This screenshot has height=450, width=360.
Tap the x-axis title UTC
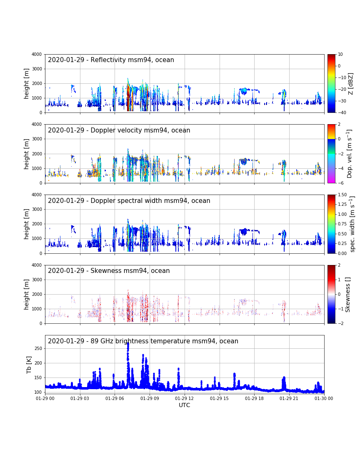pyautogui.click(x=184, y=405)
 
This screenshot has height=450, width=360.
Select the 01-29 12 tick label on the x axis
pyautogui.click(x=185, y=398)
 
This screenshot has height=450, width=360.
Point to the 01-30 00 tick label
pyautogui.click(x=324, y=398)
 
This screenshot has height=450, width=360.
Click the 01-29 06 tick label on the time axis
pyautogui.click(x=115, y=398)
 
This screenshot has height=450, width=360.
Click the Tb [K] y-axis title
pyautogui.click(x=29, y=365)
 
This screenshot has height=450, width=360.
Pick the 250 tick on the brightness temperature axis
pyautogui.click(x=38, y=348)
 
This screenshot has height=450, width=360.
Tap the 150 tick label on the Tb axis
pyautogui.click(x=38, y=377)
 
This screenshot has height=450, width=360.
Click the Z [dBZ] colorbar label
pyautogui.click(x=350, y=83)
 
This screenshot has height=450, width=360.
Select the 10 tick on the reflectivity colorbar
pyautogui.click(x=340, y=54)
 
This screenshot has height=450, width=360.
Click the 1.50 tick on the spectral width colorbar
pyautogui.click(x=342, y=195)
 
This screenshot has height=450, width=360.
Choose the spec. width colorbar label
pyautogui.click(x=352, y=224)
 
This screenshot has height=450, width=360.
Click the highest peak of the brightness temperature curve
pyautogui.click(x=128, y=343)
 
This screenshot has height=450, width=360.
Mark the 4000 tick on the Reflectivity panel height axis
pyautogui.click(x=37, y=54)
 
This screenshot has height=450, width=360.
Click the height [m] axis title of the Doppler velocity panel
pyautogui.click(x=26, y=154)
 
